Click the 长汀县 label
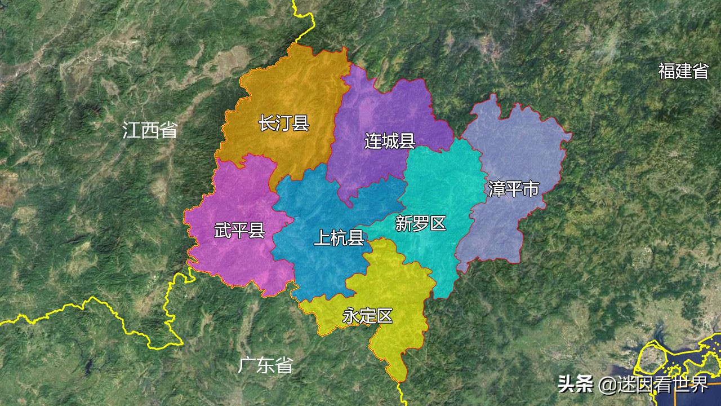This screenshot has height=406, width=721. (x=284, y=123)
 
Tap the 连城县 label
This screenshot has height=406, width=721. (x=390, y=141)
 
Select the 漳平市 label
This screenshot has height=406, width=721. (x=514, y=189)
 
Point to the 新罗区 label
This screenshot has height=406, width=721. (x=421, y=224)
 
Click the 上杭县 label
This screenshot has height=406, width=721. (x=339, y=239)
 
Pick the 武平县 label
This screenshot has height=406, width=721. (x=239, y=231)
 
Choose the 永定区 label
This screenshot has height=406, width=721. (x=367, y=316)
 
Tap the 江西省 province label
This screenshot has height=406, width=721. (x=150, y=130)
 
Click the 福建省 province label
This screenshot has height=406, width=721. (x=683, y=71)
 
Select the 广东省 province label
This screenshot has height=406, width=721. (x=265, y=365)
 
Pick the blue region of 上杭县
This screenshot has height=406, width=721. (x=315, y=203)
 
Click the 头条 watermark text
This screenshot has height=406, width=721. (x=575, y=385)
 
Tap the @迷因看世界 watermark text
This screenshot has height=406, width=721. (x=653, y=385)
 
